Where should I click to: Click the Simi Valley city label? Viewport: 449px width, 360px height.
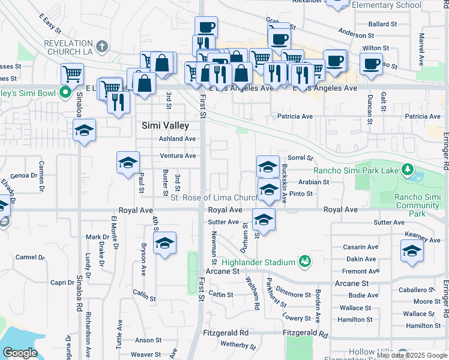pos(165,126)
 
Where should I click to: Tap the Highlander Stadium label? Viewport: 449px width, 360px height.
pos(258,262)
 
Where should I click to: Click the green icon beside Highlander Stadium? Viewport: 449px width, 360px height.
pos(306,261)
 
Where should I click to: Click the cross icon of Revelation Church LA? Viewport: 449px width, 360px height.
pos(102,47)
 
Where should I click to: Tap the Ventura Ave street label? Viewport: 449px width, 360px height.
pos(177,156)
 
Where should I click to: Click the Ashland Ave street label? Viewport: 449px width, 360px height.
pos(177,139)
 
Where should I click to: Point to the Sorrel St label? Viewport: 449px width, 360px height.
pos(301,158)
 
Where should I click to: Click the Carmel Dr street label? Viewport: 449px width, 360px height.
pos(30,257)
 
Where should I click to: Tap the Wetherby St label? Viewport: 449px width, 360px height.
pos(239,344)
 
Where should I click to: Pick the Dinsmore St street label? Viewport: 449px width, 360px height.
pos(294,295)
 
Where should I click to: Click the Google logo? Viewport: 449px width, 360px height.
pos(20,353)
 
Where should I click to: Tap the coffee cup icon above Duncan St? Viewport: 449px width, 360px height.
pos(371,64)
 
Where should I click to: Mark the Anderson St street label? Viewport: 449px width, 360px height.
pos(356,34)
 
